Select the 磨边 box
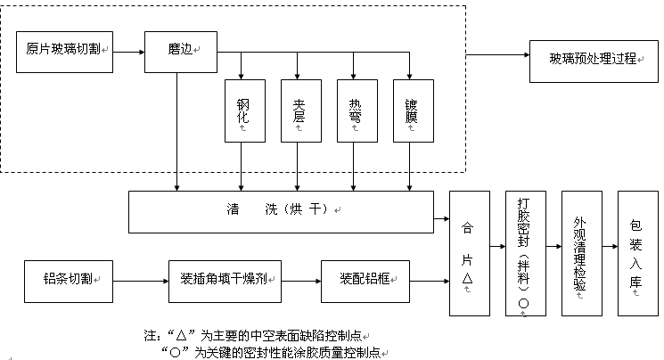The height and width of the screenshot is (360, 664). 181,52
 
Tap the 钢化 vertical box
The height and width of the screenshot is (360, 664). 242,110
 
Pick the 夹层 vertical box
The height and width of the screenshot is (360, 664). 299,110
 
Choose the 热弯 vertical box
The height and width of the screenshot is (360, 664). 355,110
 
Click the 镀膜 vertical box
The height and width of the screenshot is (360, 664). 410,110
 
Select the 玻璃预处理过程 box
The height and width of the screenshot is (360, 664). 593,59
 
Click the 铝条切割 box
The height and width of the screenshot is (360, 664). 70,280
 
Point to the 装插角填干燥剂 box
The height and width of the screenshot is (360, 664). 225,280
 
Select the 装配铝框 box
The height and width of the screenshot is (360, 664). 365,280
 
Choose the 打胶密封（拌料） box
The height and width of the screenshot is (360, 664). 524,253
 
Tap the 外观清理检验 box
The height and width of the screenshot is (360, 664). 580,253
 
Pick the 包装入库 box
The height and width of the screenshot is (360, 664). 635,253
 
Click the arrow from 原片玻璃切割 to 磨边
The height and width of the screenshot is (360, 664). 127,52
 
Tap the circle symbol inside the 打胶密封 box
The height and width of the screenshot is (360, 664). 524,302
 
